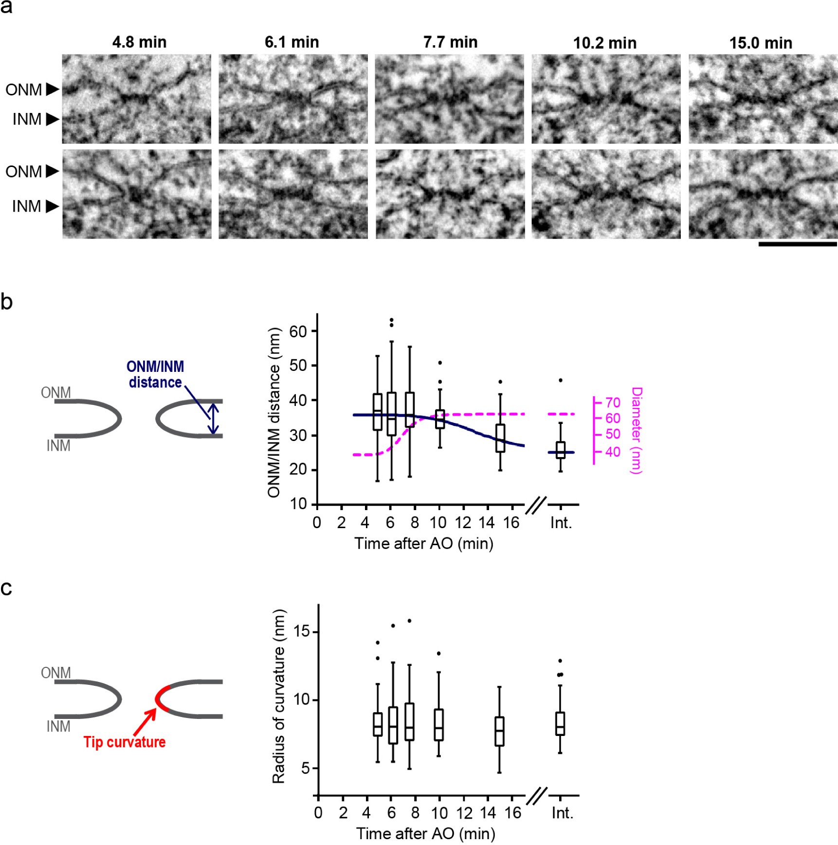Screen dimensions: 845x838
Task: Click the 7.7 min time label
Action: tap(450, 42)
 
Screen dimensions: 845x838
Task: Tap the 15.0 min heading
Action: tap(761, 43)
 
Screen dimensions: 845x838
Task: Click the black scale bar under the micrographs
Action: tap(797, 244)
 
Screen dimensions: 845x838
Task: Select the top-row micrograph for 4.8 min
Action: tap(137, 99)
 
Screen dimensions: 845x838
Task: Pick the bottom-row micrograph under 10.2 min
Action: tap(606, 194)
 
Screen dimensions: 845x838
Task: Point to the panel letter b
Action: tap(7, 302)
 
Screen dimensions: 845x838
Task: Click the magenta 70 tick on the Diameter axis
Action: tap(613, 403)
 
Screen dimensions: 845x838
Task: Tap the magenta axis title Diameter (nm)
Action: tap(637, 430)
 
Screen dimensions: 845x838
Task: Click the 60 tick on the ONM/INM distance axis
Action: tap(298, 331)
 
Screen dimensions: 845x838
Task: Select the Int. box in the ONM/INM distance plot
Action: tap(561, 450)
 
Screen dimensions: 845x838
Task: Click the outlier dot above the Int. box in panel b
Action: tap(561, 380)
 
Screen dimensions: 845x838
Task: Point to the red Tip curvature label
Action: tap(125, 742)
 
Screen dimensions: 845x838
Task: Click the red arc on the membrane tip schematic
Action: tap(160, 699)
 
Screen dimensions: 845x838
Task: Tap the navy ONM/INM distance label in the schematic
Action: tap(155, 374)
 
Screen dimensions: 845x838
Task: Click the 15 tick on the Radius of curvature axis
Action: tap(302, 632)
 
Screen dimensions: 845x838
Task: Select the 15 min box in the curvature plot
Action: tap(499, 731)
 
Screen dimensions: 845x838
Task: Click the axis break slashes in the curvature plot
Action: tap(537, 796)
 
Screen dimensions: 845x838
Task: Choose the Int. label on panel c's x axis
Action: tap(563, 813)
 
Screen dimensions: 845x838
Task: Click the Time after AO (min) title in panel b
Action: tap(424, 543)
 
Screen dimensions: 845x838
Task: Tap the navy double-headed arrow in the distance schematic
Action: tap(213, 419)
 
